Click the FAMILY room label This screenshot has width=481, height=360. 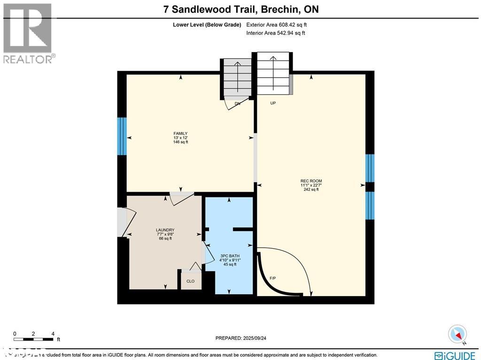[x=180, y=133]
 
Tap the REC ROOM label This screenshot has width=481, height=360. [x=311, y=181]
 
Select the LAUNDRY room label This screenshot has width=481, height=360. [x=165, y=230]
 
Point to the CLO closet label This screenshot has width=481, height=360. [x=190, y=281]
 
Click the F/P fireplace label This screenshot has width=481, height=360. [x=272, y=278]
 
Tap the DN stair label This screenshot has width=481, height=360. [x=237, y=103]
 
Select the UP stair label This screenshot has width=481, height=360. [x=272, y=103]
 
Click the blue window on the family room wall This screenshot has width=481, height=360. [x=122, y=136]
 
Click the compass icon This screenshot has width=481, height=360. [x=458, y=334]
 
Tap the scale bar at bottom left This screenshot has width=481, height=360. [x=33, y=338]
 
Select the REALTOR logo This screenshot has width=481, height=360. [x=28, y=33]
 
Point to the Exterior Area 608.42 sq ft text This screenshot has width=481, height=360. [x=277, y=25]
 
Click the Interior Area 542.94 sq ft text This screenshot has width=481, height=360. [x=276, y=33]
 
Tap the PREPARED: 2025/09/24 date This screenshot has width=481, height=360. [x=243, y=338]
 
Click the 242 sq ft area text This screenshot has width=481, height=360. [x=311, y=189]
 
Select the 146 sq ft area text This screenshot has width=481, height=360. [x=180, y=142]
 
